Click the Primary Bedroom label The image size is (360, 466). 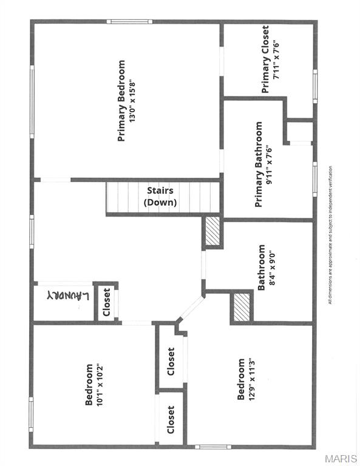coord(121,101)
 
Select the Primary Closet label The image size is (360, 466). coord(265,59)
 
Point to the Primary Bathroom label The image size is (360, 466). coord(259,164)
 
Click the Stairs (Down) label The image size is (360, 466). coord(160,197)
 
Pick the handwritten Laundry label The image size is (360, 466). coord(68,295)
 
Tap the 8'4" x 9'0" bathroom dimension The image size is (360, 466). coord(272,269)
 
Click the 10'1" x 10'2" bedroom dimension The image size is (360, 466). coord(100,385)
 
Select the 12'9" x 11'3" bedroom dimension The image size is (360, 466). coord(251,379)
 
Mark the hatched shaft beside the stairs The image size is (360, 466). coord(212,232)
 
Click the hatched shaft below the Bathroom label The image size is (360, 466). coord(242,307)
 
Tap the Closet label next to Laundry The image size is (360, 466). coord(106,302)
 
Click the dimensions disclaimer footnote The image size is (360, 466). coord(330,235)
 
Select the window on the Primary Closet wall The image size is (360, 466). coord(315,87)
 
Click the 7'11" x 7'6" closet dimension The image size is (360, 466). coord(276,59)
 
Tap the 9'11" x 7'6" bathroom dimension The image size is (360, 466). coord(270,164)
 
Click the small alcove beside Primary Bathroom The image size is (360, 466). coord(300,132)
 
